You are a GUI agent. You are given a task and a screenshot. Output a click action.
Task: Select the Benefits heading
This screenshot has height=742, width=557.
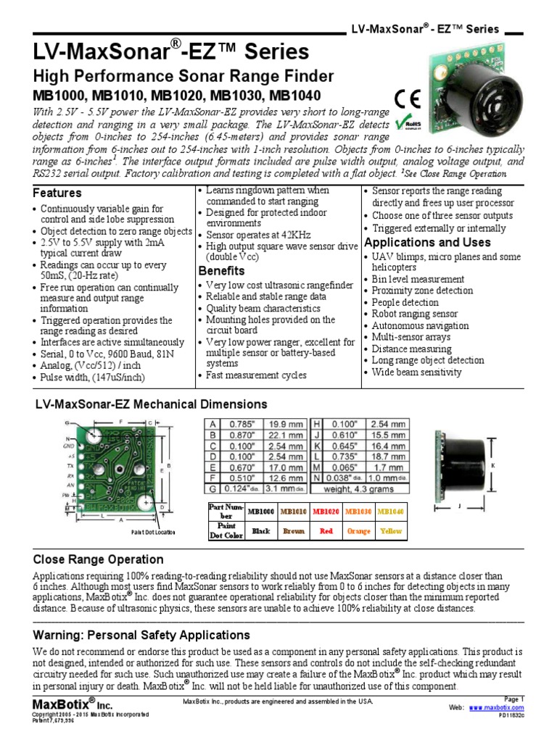221,270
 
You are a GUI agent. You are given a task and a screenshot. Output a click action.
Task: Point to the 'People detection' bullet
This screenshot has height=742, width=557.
405,302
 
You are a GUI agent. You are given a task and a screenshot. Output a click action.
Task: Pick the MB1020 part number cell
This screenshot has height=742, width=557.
326,512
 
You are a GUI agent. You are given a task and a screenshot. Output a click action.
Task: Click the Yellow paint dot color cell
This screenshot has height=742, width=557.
390,530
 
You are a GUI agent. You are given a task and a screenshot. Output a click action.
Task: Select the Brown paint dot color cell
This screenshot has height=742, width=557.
293,530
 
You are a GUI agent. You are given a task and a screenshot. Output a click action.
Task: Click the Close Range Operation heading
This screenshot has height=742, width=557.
99,559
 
